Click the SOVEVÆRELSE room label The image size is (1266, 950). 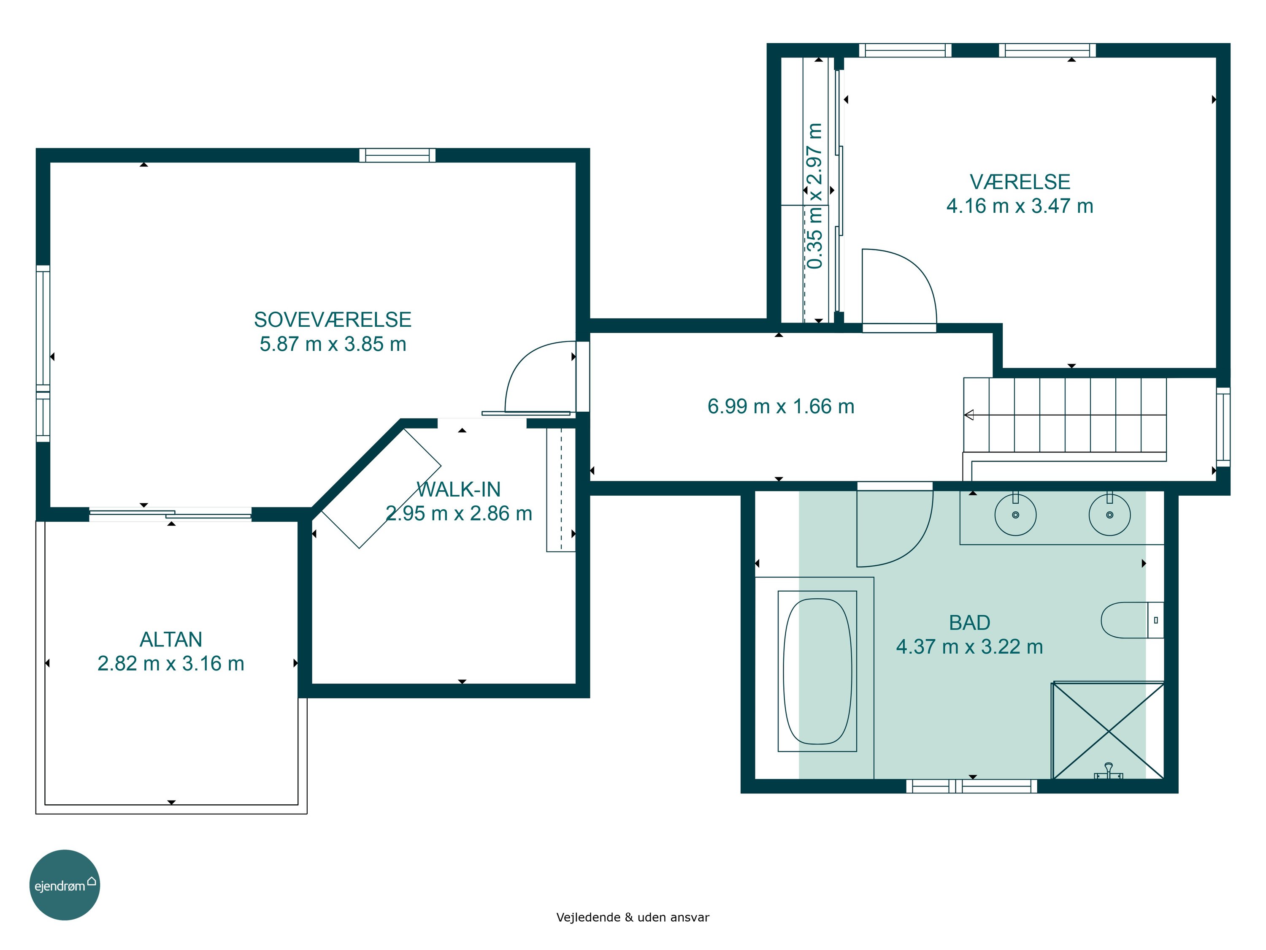pos(333,320)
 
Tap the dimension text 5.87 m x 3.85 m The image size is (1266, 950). pos(333,344)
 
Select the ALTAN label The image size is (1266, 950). pos(171,639)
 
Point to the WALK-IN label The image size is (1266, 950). pos(458,490)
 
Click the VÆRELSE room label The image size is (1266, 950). pos(1020,182)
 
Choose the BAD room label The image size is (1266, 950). pos(969,622)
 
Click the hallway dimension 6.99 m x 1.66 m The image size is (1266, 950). pos(781,407)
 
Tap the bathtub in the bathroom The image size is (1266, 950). pos(817,671)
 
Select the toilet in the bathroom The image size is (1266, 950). pos(1132,620)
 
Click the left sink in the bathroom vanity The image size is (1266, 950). pos(1015,515)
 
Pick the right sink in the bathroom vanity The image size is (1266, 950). pos(1109,515)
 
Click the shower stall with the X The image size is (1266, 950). pos(1108,731)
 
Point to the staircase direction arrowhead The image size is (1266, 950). pos(968,415)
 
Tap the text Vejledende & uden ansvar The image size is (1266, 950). pos(633,917)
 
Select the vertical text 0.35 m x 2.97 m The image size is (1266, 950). pos(814,196)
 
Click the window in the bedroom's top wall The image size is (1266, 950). pos(397,155)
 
